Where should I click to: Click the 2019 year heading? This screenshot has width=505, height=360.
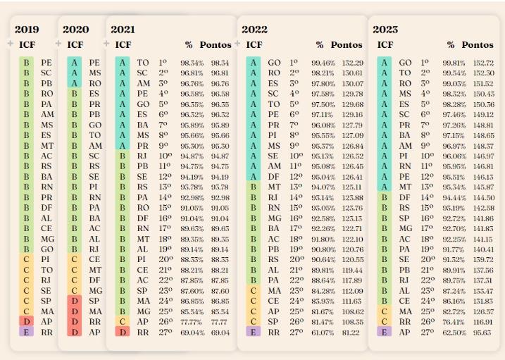[x=27, y=30]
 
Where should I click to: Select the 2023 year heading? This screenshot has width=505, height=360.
[x=385, y=30]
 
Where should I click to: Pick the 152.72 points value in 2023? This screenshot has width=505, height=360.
[x=483, y=63]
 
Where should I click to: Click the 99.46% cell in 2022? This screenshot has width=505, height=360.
[x=323, y=63]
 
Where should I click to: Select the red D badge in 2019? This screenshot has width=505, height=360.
[x=26, y=321]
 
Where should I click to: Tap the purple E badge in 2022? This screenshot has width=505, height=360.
[x=254, y=331]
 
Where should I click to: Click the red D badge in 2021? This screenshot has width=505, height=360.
[x=123, y=331]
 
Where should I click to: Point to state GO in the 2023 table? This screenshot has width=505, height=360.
[x=405, y=63]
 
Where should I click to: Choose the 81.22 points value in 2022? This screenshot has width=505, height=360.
[x=352, y=331]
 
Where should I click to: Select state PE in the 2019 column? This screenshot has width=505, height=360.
[x=46, y=63]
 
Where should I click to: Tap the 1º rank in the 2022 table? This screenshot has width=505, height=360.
[x=294, y=63]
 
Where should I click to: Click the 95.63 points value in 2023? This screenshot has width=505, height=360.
[x=483, y=331]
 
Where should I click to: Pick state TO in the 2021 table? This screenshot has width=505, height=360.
[x=143, y=63]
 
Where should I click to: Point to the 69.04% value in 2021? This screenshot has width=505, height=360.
[x=192, y=331]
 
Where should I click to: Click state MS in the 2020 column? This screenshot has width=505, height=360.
[x=94, y=73]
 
